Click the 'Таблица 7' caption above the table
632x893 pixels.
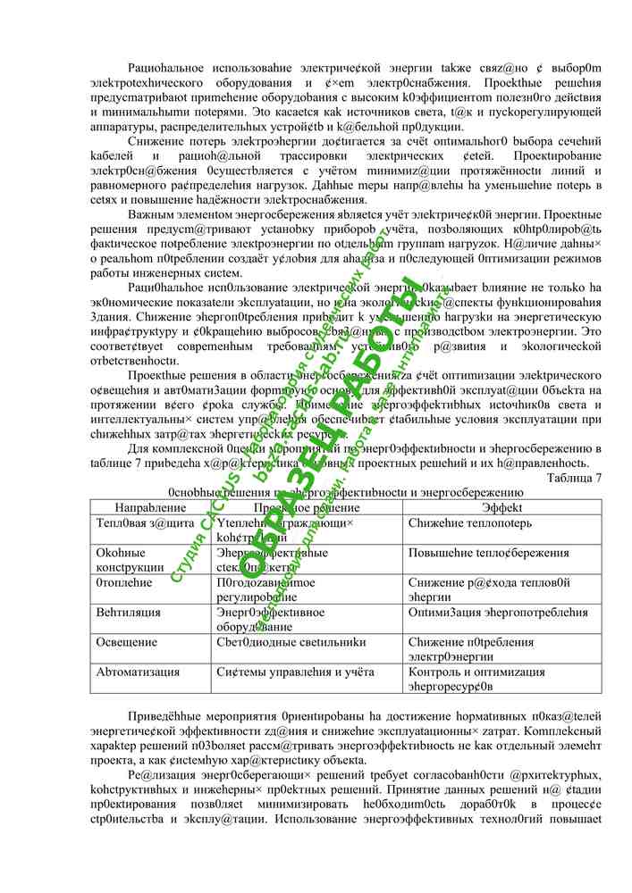coord(573,478)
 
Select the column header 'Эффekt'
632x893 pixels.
coord(501,506)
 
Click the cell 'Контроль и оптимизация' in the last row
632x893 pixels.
coord(476,672)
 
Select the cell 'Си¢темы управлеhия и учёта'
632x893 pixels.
coord(295,672)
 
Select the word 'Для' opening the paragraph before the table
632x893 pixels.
coord(139,448)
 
